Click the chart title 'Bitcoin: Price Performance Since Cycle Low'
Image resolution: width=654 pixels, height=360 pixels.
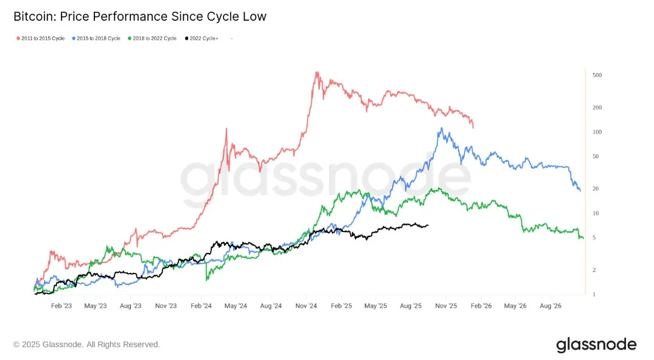click(x=139, y=16)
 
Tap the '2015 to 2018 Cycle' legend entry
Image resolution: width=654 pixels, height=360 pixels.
click(x=98, y=38)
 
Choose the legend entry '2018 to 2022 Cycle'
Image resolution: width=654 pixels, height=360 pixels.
click(x=153, y=38)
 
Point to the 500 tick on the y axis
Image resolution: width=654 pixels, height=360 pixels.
click(x=597, y=76)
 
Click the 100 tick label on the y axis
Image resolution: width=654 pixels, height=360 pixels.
click(x=597, y=132)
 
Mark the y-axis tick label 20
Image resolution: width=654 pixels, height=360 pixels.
click(x=596, y=189)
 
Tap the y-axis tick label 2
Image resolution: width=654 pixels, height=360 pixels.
click(x=594, y=270)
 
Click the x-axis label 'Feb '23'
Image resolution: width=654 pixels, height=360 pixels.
click(x=62, y=306)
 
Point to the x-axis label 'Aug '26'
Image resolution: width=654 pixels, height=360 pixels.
click(x=550, y=306)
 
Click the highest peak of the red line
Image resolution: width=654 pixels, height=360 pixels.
click(x=316, y=72)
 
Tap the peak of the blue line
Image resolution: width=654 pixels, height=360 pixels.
click(x=441, y=128)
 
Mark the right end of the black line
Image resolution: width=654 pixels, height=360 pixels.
click(x=428, y=225)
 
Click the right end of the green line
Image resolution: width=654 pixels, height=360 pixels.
click(x=583, y=238)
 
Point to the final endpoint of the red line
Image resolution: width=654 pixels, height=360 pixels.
click(x=473, y=127)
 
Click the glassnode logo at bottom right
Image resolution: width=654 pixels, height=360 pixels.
click(x=596, y=345)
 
